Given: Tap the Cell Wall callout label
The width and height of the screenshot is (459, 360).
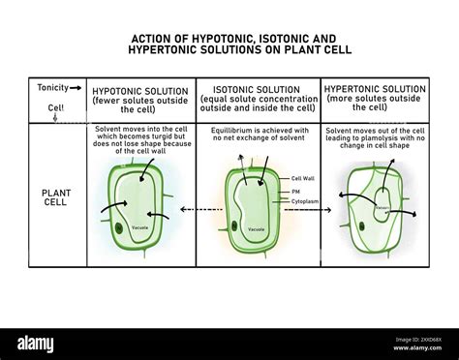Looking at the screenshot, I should (x=304, y=178).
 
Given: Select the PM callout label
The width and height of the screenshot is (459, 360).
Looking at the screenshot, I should (x=295, y=192).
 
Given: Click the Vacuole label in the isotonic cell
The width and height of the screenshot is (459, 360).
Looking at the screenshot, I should (x=256, y=229).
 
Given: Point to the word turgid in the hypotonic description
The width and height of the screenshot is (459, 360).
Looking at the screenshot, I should (x=165, y=137).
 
